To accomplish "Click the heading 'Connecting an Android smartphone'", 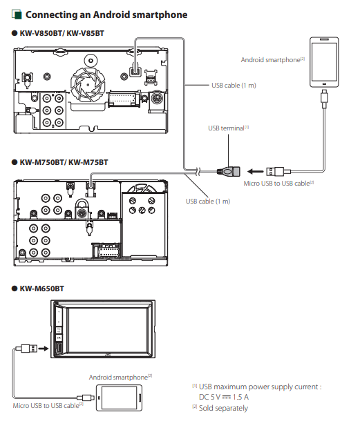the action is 106,14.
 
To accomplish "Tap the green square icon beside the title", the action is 17,14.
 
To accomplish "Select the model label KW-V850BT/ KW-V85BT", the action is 61,33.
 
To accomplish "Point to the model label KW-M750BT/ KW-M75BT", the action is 64,162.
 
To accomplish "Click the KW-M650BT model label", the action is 41,289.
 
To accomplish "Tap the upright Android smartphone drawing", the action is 324,62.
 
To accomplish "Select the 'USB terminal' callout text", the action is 226,128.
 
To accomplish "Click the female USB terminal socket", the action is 229,172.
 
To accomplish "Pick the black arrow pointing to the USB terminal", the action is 256,172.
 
